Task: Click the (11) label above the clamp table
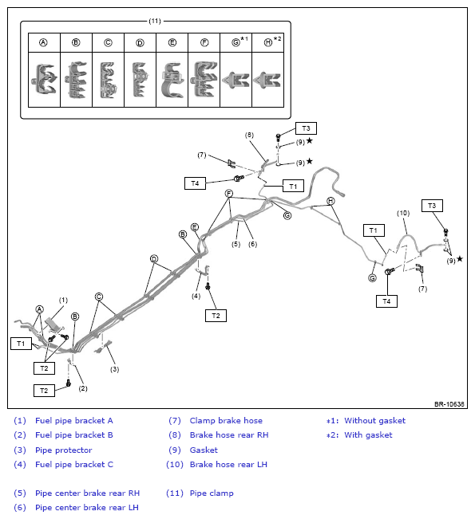tap(155, 22)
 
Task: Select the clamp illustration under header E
tap(172, 80)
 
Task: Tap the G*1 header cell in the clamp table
tap(236, 42)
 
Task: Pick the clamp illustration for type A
tap(44, 80)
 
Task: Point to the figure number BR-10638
tap(449, 404)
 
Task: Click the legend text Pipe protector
tap(64, 450)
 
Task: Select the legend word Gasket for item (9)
tap(204, 450)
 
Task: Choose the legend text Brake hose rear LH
tap(228, 464)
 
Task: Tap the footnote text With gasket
tap(368, 435)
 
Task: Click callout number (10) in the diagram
tap(403, 213)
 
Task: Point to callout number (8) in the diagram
tap(249, 135)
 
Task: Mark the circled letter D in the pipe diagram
tap(154, 259)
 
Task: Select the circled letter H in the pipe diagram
tap(331, 201)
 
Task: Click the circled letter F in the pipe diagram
tap(228, 193)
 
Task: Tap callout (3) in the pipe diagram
tap(114, 369)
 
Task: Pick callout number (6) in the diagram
tap(252, 244)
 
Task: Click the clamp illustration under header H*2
tap(267, 80)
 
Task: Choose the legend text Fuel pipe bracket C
tap(74, 464)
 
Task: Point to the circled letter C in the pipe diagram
tap(99, 297)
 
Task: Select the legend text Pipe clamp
tap(212, 493)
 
